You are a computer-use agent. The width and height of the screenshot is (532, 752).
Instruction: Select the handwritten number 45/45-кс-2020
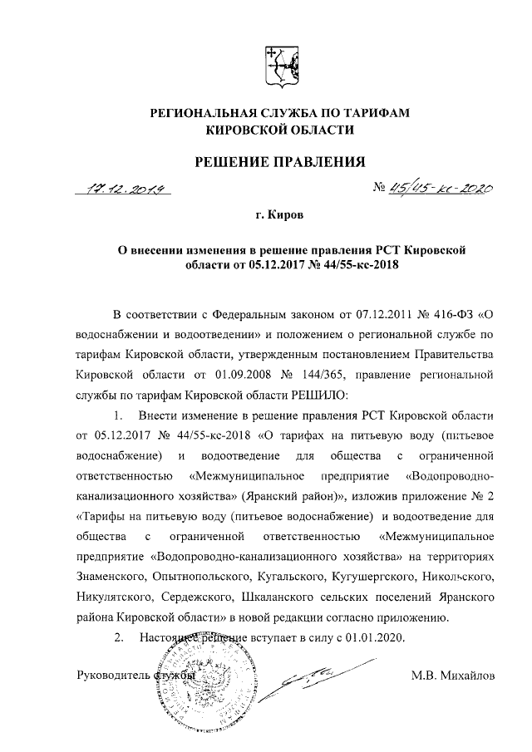point(433,189)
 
